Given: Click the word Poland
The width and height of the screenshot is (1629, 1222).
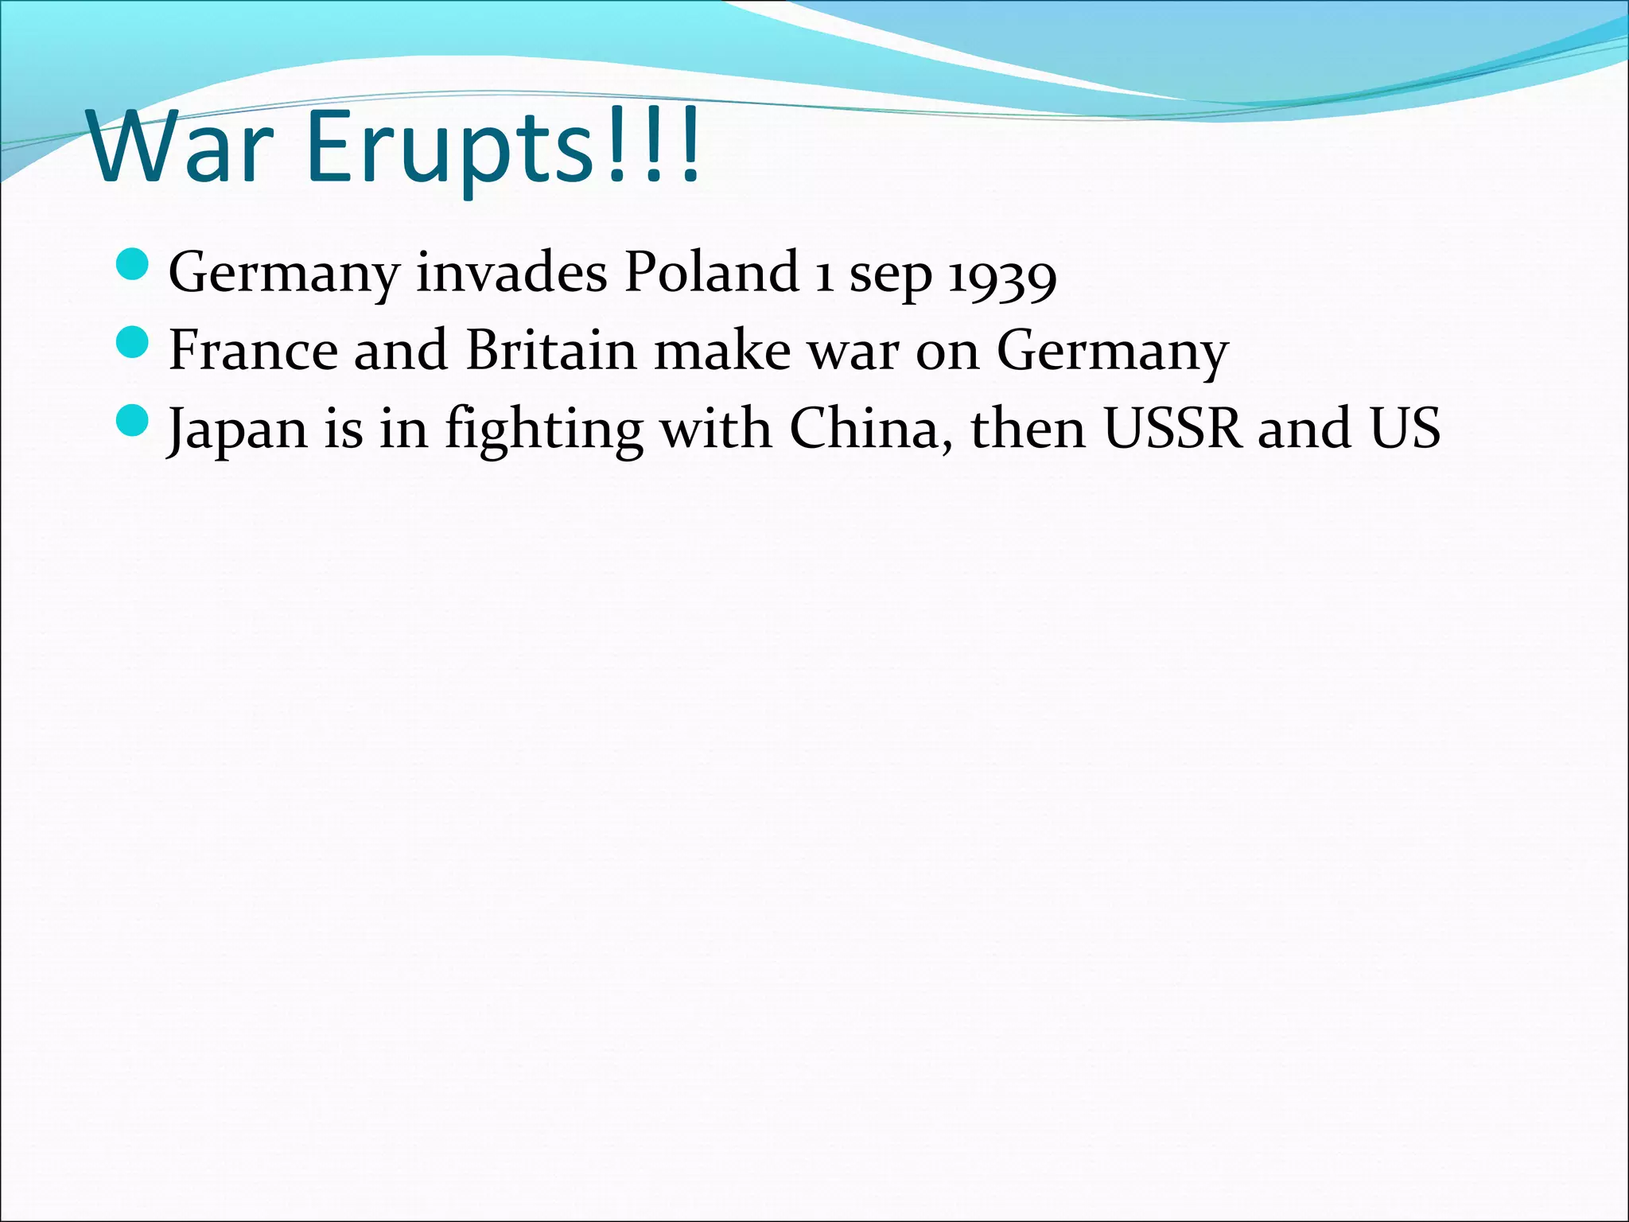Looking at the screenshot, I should (711, 272).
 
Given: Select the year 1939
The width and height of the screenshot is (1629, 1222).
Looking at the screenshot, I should (1002, 275).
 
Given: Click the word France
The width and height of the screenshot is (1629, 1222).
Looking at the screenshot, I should (254, 350).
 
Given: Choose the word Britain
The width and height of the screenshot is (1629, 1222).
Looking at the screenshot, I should (551, 350).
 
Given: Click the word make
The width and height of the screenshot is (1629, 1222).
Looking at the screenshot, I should (721, 350).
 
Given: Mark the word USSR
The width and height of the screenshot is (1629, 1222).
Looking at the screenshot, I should (1172, 428).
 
